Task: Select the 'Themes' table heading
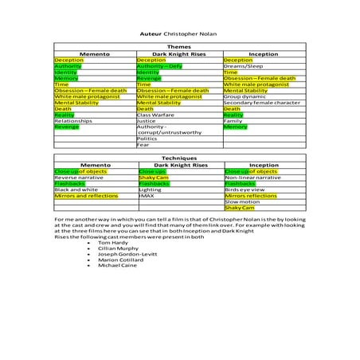178,48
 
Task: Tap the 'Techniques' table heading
178,158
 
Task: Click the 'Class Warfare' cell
155,115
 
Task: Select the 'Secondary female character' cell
261,103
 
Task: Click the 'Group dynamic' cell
244,96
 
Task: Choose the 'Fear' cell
143,145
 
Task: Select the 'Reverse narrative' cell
79,177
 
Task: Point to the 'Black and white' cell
76,190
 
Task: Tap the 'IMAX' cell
146,195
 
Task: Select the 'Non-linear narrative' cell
252,177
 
